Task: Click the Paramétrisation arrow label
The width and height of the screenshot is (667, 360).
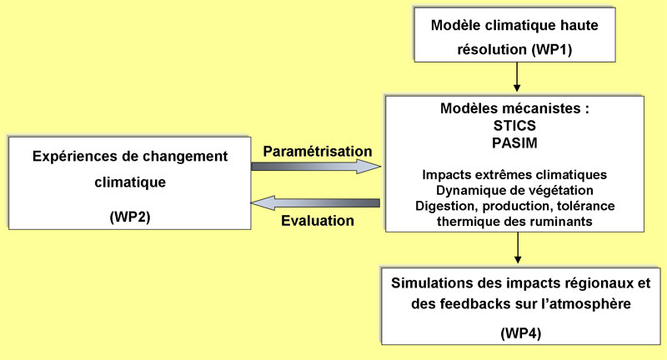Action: [317, 151]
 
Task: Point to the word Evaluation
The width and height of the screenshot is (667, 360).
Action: [318, 221]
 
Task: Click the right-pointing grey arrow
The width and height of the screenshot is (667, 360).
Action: [316, 167]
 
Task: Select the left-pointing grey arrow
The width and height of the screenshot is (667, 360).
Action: [316, 203]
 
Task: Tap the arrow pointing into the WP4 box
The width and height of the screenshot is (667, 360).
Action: [518, 247]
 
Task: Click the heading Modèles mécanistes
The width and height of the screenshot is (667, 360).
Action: [514, 109]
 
